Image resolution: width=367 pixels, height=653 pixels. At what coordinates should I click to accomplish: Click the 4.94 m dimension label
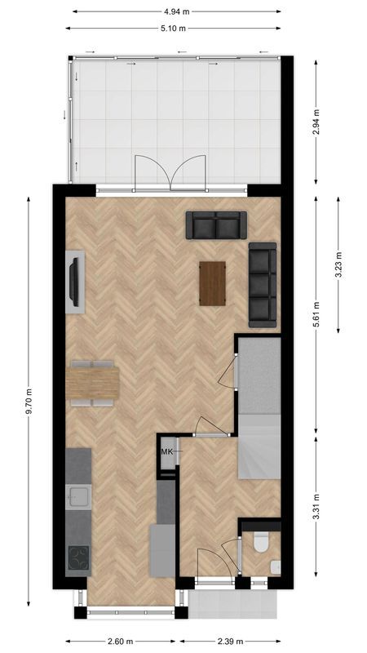click(x=176, y=11)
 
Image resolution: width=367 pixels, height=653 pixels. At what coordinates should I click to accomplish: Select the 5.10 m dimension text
click(x=176, y=28)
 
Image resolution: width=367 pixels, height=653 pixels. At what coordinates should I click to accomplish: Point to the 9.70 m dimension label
click(x=29, y=399)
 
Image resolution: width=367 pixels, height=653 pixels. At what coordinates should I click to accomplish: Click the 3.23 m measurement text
click(x=338, y=264)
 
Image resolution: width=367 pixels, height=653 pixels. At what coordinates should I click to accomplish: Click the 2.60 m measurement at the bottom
click(x=119, y=641)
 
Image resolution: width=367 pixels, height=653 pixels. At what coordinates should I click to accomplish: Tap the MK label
click(x=166, y=451)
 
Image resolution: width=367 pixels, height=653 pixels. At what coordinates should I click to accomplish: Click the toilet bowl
click(x=261, y=541)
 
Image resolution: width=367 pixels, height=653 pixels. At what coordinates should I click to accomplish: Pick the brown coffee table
click(x=212, y=282)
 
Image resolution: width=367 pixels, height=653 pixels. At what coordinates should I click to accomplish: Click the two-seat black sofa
click(x=215, y=224)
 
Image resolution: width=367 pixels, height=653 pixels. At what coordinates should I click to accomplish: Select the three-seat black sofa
click(x=263, y=283)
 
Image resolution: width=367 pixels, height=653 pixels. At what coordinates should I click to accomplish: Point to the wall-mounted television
click(x=75, y=280)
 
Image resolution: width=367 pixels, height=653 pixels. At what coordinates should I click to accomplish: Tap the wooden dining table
click(x=93, y=383)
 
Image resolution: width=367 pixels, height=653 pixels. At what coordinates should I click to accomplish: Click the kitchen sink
click(x=78, y=495)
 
